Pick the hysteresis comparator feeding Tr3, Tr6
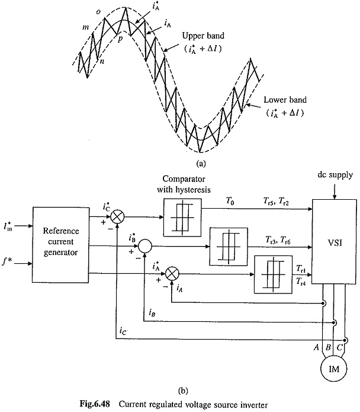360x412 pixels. point(226,244)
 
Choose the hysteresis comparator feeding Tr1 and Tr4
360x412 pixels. point(271,273)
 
